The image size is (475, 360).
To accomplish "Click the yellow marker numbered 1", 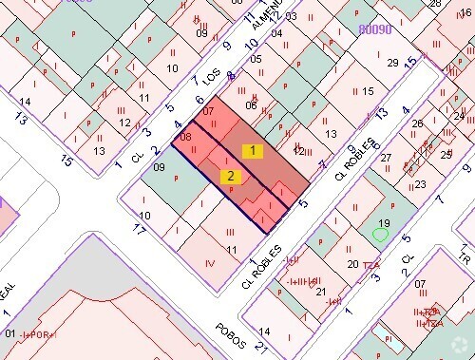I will (252, 150).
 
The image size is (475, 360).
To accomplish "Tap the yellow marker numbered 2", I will (230, 176).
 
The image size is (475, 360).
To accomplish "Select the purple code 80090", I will (375, 29).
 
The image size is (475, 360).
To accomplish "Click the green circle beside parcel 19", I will (381, 234).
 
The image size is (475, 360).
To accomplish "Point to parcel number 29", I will (392, 63).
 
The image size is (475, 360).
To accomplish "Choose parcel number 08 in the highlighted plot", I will (185, 138).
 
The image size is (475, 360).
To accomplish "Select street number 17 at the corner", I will (139, 229).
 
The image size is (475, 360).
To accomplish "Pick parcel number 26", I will (416, 124).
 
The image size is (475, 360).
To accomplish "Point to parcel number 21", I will (320, 292).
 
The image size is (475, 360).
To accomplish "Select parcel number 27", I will (387, 161).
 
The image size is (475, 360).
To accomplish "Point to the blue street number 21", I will (259, 344).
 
